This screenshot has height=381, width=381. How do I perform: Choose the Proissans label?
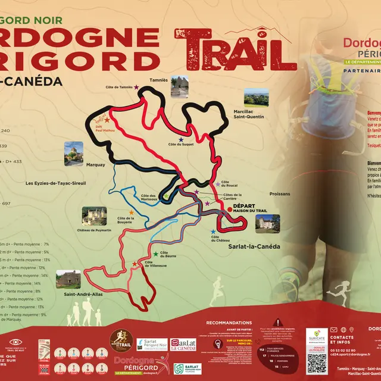click(x=279, y=194)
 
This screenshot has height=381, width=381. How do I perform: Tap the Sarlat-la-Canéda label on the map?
click(x=254, y=245)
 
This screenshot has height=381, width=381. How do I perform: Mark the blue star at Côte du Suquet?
click(x=181, y=140)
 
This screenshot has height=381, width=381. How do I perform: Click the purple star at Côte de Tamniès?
click(x=137, y=88)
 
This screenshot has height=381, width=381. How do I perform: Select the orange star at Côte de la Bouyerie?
click(x=131, y=213)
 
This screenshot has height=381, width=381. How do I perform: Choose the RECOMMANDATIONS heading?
click(x=229, y=322)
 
